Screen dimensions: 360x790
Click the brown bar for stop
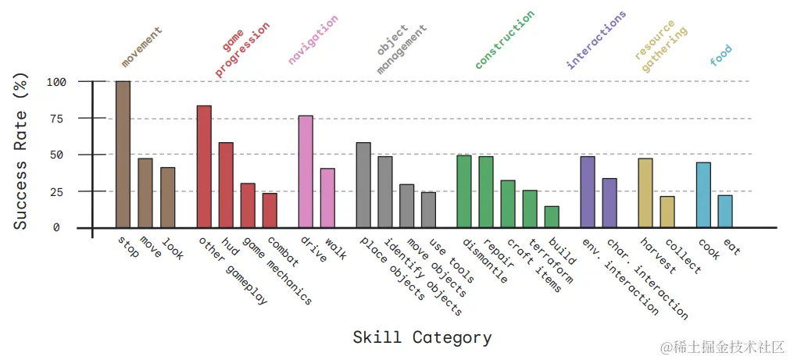click(x=123, y=154)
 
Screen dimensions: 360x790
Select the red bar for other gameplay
click(x=204, y=166)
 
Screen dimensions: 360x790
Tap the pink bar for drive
click(x=306, y=171)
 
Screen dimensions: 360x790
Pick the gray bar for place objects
click(x=363, y=185)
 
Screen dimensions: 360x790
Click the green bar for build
click(x=552, y=217)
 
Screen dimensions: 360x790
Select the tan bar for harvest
click(x=645, y=193)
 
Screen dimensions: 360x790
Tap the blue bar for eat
click(x=725, y=212)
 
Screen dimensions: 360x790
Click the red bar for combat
click(x=270, y=210)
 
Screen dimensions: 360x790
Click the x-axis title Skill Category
click(x=422, y=338)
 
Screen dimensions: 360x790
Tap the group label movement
click(x=141, y=47)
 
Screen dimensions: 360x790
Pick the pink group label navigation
click(x=313, y=39)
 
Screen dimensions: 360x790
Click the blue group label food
click(x=720, y=55)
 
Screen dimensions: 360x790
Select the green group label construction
click(x=505, y=39)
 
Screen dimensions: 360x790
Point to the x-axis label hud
click(x=231, y=249)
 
